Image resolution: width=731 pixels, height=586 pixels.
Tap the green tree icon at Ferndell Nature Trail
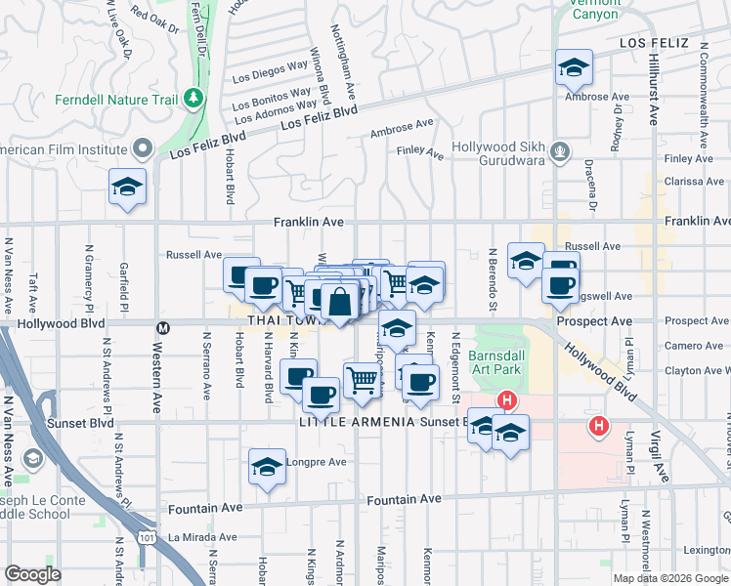(193, 98)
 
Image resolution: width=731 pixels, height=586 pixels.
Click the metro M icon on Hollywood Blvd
(163, 326)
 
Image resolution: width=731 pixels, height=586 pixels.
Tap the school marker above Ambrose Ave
(574, 67)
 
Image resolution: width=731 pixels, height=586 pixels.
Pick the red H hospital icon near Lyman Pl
(598, 426)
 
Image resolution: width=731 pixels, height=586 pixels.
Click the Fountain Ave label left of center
(205, 508)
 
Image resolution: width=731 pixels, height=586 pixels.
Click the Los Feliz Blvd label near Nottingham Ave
(319, 120)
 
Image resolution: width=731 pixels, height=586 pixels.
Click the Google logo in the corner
(33, 574)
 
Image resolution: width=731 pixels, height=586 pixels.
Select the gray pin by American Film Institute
(144, 149)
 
